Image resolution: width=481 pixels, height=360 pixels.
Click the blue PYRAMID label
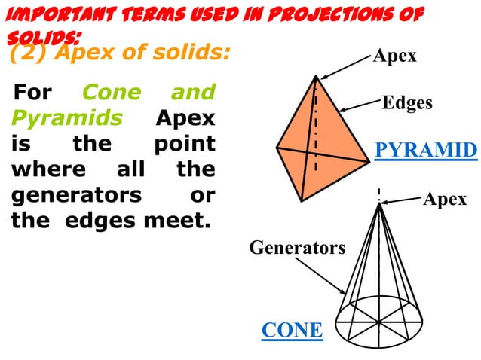coord(426,150)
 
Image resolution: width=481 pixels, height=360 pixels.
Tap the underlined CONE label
coord(292,330)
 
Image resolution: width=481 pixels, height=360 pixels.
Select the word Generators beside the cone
coord(297,247)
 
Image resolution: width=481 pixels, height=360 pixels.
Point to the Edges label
coord(407,102)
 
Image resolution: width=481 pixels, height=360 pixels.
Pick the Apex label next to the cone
coord(445,199)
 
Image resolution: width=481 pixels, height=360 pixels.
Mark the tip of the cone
coord(379,201)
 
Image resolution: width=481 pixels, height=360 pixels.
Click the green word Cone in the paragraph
coord(111,93)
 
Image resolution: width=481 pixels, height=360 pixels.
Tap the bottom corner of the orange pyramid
coord(301,200)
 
